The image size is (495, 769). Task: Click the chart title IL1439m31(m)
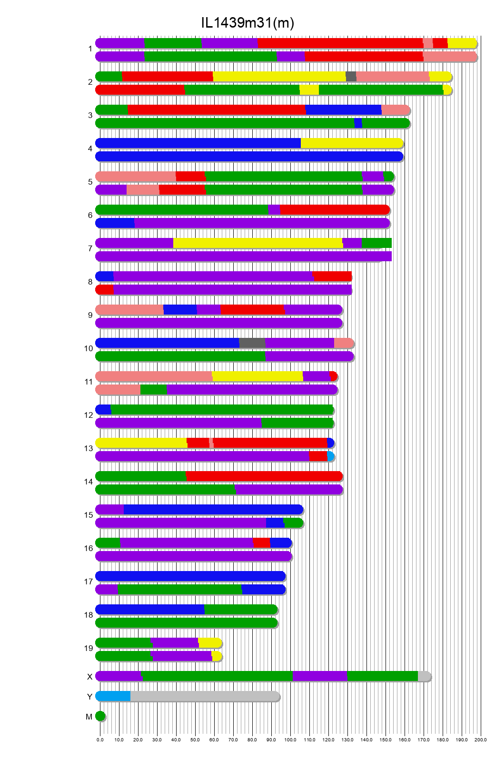tap(247, 23)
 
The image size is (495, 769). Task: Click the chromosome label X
tap(89, 677)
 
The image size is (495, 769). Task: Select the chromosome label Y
tap(89, 697)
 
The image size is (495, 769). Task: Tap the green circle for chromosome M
tap(100, 716)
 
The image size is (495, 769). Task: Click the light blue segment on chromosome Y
tap(113, 696)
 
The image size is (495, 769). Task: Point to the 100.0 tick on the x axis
tap(290, 739)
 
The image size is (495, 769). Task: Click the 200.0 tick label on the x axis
tap(480, 739)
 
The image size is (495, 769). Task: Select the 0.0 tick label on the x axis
tap(100, 739)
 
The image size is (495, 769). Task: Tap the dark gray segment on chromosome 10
tap(252, 343)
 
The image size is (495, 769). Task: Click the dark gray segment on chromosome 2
tap(351, 77)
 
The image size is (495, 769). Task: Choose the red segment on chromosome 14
tap(264, 476)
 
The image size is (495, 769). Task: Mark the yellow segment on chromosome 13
tap(141, 443)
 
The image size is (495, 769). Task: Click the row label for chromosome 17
tap(89, 582)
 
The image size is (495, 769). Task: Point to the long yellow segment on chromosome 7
tap(257, 243)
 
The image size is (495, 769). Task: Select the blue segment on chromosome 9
tap(180, 310)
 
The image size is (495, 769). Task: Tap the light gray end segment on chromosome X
tap(424, 676)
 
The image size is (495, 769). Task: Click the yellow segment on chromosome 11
tap(257, 376)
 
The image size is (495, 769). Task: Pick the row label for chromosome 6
tap(90, 215)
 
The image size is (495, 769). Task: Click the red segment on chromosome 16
tap(261, 543)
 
